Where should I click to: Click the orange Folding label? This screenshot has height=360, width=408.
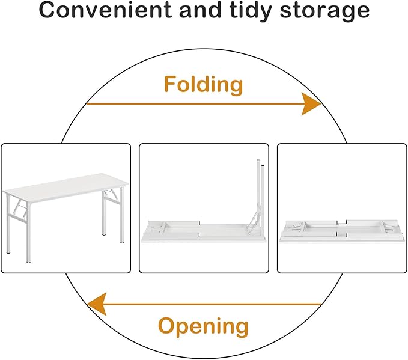(x=204, y=85)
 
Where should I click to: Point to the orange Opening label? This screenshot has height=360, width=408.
(x=203, y=326)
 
